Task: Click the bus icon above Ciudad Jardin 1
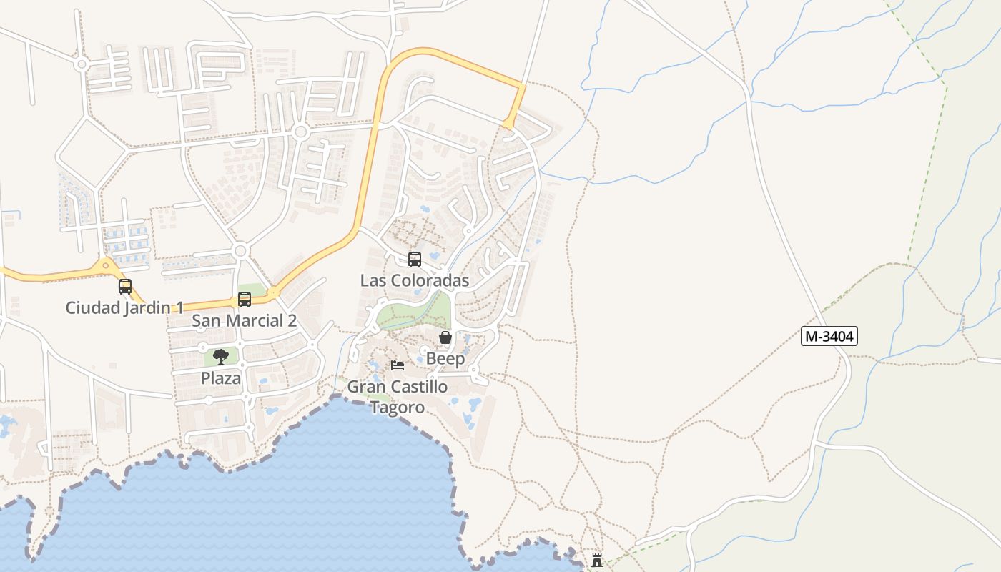click(125, 287)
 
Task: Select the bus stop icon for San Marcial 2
click(245, 300)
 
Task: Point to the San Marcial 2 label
click(244, 320)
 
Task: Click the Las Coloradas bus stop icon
click(415, 260)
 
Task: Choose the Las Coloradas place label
click(414, 280)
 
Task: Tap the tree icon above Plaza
click(221, 357)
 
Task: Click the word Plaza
click(221, 378)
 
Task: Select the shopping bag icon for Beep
click(445, 337)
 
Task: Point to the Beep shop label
click(445, 358)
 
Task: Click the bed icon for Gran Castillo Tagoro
click(398, 365)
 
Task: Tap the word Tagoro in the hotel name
click(397, 408)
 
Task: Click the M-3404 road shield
click(829, 336)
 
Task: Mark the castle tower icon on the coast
click(597, 560)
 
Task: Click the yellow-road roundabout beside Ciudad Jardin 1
click(106, 265)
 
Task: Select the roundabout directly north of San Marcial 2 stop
click(240, 251)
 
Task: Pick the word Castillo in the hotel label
click(418, 387)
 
